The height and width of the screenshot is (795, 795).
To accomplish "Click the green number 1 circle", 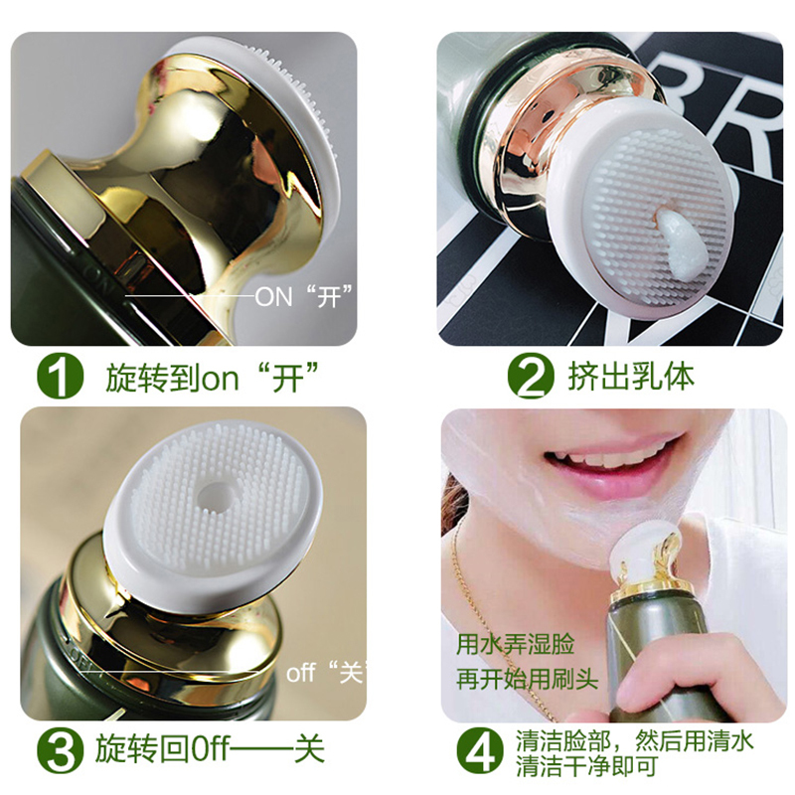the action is (x=61, y=377).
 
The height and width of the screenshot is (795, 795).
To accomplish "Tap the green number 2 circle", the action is (x=531, y=376).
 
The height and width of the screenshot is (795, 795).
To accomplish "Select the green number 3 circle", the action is (x=61, y=749).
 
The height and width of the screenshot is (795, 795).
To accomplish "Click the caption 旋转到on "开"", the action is (x=212, y=377).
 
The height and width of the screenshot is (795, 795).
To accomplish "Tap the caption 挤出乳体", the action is (x=631, y=377).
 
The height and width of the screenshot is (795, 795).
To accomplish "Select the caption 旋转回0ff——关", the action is (x=210, y=749).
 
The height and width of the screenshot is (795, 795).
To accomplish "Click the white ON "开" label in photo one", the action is (x=304, y=296).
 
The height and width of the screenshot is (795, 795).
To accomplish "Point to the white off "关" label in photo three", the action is (x=326, y=673).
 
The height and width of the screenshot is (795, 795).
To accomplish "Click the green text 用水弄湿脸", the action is (x=516, y=644).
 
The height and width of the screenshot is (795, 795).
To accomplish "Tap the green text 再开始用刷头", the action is (x=528, y=679).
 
